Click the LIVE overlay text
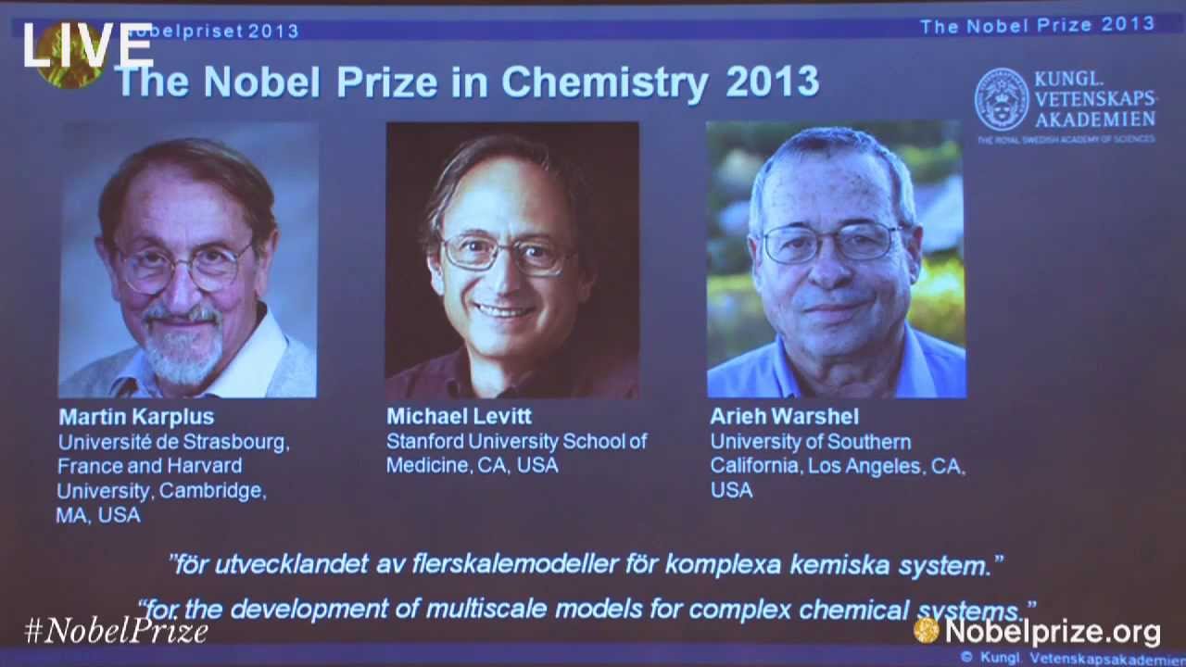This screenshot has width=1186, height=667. pos(88,45)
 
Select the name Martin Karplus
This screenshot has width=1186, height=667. pos(136,417)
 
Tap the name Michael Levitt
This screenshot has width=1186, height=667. pos(459,417)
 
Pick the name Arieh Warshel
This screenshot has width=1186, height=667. pos(784,417)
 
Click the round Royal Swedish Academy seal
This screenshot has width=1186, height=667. pos(1002,99)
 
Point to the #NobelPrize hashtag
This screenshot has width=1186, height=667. pos(117,631)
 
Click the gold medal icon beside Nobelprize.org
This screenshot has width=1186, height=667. pos(926,630)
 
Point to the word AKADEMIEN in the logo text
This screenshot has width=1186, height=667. pos(1094,120)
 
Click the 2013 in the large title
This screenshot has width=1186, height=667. pos(772,82)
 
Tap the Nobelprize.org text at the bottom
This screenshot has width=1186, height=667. pos(1052,631)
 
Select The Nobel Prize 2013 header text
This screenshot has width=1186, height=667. pos(1037,25)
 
